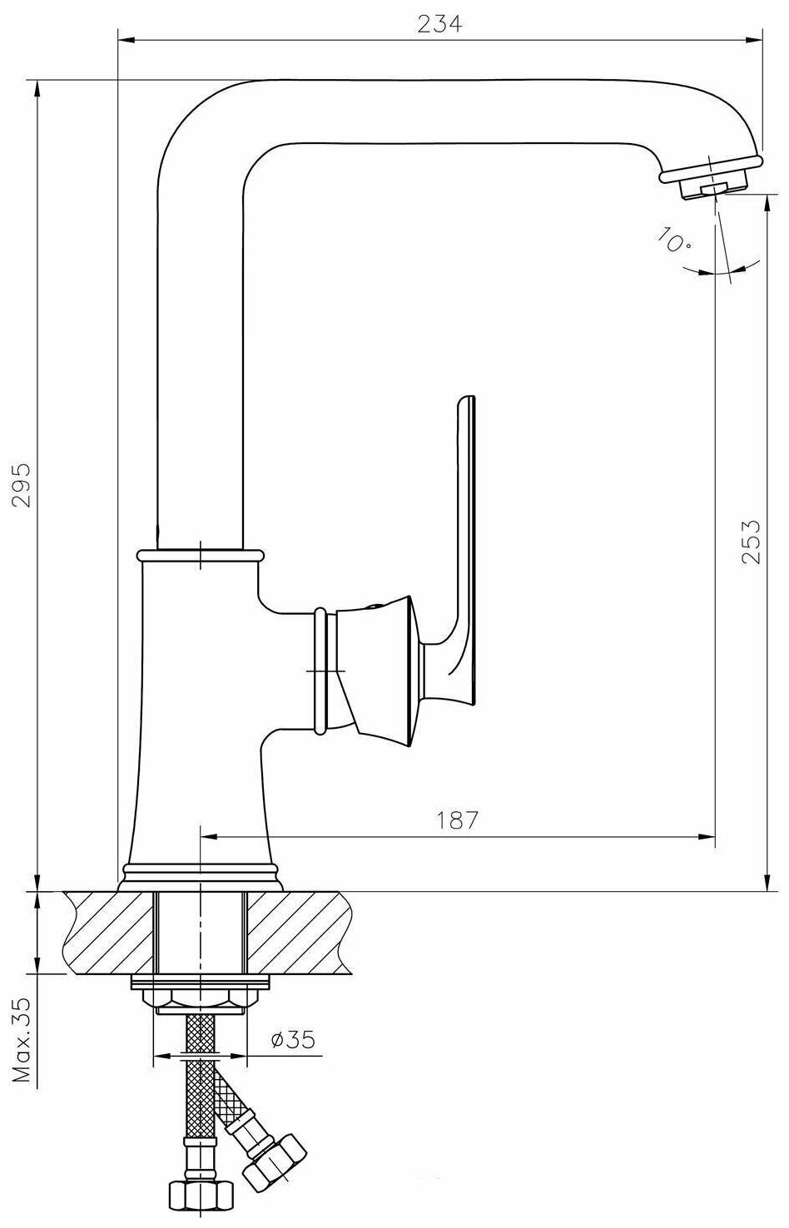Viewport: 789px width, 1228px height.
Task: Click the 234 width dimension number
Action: click(439, 25)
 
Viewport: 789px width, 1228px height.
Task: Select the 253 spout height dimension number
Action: click(751, 541)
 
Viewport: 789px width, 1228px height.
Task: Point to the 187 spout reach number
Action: click(457, 820)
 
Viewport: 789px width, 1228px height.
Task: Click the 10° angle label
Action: click(673, 239)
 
